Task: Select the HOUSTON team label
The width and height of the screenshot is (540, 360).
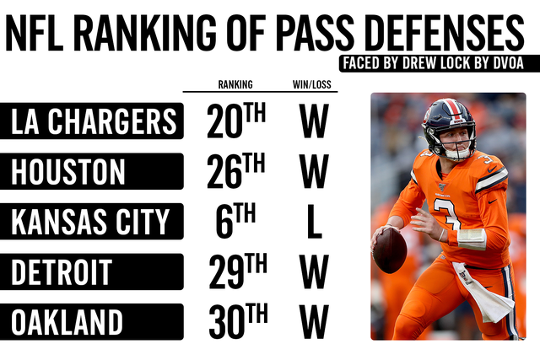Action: (x=68, y=172)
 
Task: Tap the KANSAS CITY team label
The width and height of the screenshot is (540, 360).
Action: (x=91, y=223)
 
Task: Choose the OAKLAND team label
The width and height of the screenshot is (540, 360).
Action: (x=67, y=322)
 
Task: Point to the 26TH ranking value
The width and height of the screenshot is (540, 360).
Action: (x=235, y=172)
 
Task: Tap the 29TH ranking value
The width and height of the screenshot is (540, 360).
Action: (x=235, y=272)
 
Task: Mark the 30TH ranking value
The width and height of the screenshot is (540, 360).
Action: (x=235, y=322)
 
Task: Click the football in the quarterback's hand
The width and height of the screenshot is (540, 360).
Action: (x=390, y=250)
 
